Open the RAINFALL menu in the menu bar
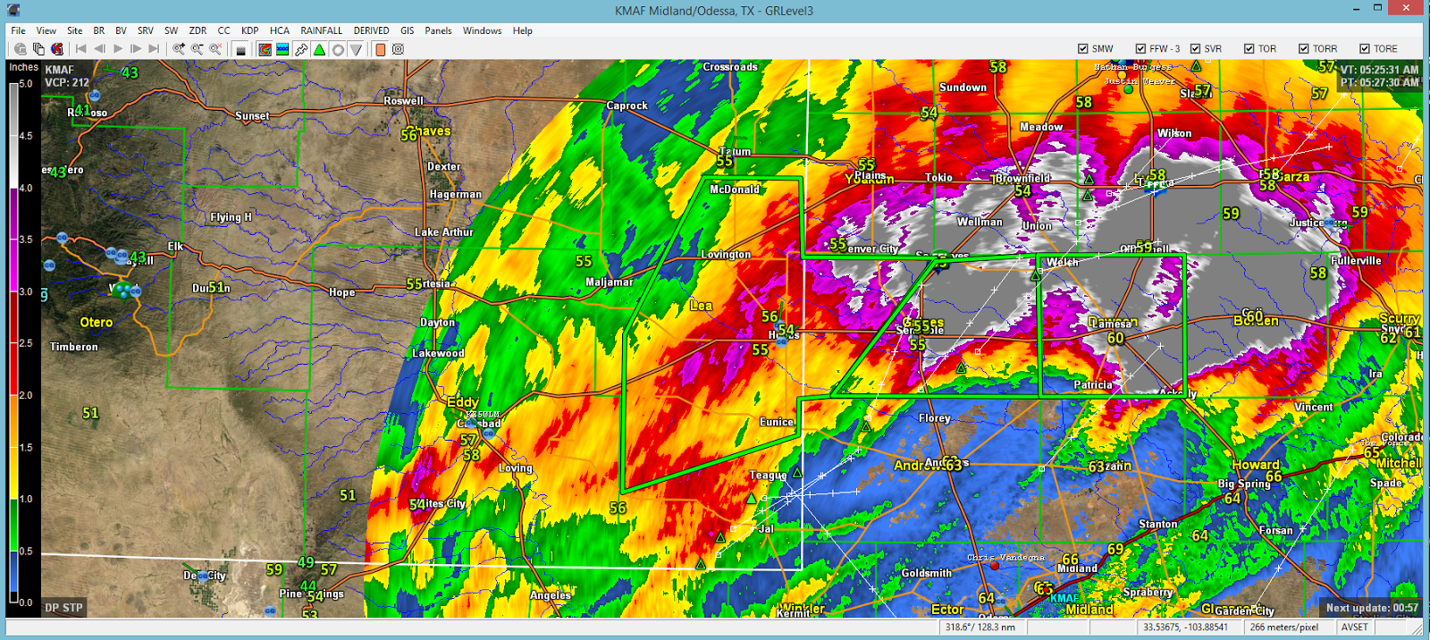point(321,30)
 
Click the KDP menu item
point(249,30)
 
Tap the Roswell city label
point(403,101)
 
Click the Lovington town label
point(725,255)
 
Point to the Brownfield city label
point(1022,179)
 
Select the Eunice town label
point(776,422)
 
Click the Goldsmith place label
point(926,573)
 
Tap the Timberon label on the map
point(74,347)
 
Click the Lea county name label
point(701,306)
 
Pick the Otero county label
point(96,323)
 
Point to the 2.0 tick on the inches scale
point(25,395)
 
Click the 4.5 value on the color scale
point(25,136)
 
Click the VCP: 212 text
point(67,82)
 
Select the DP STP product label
point(63,608)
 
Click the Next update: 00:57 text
point(1371,608)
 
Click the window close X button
point(1408,8)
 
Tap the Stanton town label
point(1157,525)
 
